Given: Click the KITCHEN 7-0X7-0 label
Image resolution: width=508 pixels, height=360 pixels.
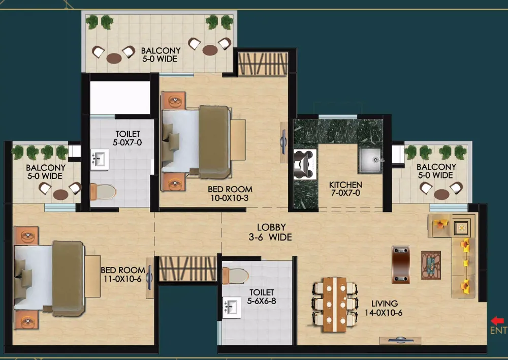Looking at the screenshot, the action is tap(345, 189).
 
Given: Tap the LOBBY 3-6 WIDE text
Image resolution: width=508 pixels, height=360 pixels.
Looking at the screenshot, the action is tap(271, 232).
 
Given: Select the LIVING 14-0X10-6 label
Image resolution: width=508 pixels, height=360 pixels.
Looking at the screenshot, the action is tap(384, 308).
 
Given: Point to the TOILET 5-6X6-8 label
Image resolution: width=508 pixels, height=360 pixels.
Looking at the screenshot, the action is tap(262, 297).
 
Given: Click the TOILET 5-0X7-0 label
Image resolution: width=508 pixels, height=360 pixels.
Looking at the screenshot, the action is tap(128, 138).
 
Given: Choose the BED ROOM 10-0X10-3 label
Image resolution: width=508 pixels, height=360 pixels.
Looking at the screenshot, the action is tap(230, 194).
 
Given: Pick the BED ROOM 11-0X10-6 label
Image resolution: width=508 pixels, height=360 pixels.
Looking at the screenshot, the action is tap(123, 275).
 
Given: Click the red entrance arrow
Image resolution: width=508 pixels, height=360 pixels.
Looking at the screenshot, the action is tap(497, 321).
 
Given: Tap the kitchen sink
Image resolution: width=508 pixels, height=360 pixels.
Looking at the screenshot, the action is tap(371, 160).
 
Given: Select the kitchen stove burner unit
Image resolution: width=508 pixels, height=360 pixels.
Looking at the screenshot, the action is tap(305, 164).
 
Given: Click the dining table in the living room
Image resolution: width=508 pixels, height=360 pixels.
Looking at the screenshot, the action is tap(335, 305).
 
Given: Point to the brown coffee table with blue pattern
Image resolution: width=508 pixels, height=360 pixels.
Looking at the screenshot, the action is tap(431, 265).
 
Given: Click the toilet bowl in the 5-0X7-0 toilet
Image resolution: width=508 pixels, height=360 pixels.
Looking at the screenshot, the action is tap(103, 192).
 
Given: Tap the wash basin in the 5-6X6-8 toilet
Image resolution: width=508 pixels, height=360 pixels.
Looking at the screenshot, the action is tap(232, 307).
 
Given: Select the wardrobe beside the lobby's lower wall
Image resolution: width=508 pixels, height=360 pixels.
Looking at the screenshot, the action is tap(187, 268).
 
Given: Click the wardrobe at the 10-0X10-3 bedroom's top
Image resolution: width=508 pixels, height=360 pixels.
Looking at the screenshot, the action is tap(263, 64).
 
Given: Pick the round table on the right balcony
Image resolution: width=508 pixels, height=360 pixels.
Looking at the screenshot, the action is tap(441, 194).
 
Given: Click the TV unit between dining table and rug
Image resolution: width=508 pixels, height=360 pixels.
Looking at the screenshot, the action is tap(401, 264).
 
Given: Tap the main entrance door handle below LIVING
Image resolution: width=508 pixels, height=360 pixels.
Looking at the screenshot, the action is tap(400, 340).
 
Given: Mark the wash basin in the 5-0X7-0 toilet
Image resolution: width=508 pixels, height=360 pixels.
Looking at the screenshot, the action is tap(100, 160).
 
